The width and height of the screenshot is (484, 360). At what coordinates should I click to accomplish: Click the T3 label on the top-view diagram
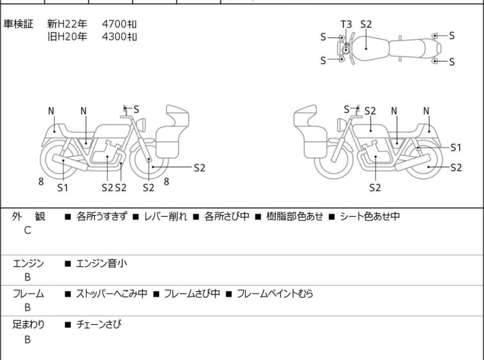(x=346, y=24)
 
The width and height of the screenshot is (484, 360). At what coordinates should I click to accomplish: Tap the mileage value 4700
(x=114, y=24)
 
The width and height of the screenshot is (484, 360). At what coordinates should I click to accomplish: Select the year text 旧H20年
(x=67, y=37)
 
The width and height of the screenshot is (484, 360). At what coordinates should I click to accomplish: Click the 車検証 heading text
(x=18, y=24)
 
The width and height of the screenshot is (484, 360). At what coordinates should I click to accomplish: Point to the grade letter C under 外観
(x=28, y=230)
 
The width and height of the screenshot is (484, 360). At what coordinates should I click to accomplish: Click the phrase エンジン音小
(x=101, y=264)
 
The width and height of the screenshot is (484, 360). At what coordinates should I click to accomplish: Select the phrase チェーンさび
(x=99, y=324)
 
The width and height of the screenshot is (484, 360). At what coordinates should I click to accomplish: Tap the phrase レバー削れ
(x=166, y=216)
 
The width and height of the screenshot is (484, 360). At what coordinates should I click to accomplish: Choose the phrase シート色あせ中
(x=370, y=216)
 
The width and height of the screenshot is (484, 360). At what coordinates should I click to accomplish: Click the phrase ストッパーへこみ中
(x=112, y=293)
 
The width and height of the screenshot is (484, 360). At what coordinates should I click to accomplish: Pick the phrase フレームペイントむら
(x=275, y=293)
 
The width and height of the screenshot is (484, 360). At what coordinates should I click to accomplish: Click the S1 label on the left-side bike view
(x=63, y=187)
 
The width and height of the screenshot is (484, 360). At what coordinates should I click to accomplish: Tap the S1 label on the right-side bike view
(x=456, y=148)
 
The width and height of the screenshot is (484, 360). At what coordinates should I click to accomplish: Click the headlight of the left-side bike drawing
(x=141, y=125)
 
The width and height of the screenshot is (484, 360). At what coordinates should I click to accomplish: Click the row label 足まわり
(x=28, y=324)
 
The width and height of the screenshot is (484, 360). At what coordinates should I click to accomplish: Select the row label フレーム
(x=28, y=293)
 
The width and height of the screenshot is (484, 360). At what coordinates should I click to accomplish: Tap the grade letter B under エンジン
(x=28, y=277)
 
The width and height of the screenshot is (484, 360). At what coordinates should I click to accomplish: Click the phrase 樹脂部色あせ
(x=294, y=216)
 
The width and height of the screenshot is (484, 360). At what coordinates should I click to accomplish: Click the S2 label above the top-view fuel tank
(x=366, y=24)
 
